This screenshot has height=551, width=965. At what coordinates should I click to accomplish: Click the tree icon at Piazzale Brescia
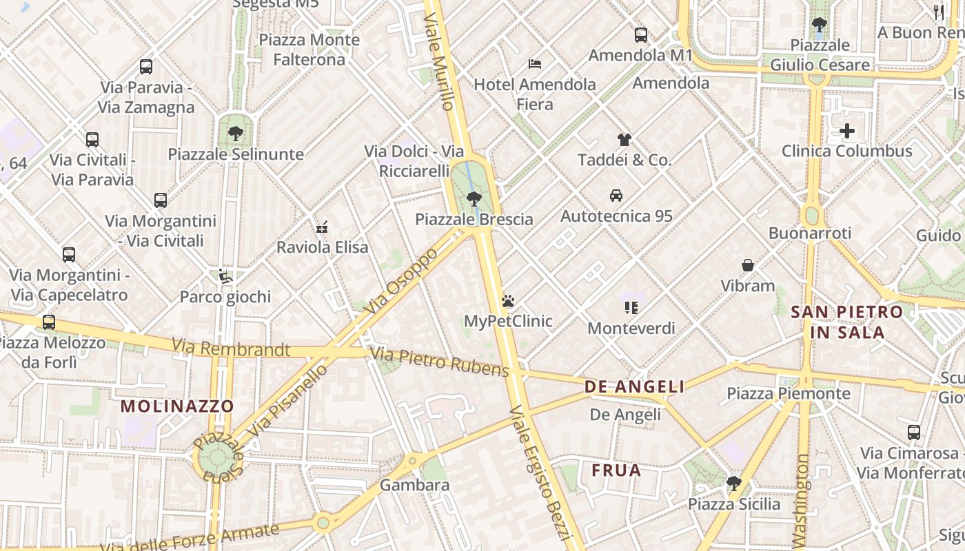474,199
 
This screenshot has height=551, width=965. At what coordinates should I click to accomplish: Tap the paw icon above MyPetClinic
508,301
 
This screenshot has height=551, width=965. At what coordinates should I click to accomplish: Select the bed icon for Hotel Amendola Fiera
534,64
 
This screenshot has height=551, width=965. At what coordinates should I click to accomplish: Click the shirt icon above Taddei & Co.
624,140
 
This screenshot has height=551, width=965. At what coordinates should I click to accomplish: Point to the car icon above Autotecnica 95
616,196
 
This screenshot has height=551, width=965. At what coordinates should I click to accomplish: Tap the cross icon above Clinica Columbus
847,131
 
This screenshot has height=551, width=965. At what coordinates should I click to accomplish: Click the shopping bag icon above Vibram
747,265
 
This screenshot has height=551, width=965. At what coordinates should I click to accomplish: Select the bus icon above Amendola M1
640,34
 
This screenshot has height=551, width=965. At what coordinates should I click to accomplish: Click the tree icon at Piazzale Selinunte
236,134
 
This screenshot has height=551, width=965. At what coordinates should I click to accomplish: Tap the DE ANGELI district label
634,386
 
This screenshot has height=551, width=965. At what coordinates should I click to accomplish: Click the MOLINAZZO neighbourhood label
177,406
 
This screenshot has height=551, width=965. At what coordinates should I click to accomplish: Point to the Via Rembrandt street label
231,348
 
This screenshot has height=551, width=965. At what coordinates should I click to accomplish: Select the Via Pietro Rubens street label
439,362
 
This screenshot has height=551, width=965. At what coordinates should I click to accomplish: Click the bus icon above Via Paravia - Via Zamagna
146,67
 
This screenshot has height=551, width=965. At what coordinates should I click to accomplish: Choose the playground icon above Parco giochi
225,277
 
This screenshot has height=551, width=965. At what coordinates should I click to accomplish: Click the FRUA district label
616,470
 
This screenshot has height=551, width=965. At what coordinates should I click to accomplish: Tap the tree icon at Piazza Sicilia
734,484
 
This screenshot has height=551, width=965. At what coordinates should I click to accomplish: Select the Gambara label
414,485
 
